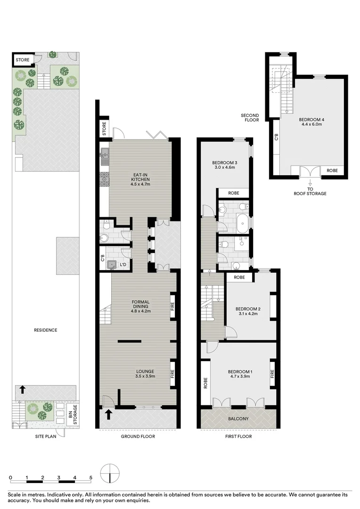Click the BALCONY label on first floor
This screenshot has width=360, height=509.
238,419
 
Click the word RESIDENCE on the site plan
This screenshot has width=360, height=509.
46,330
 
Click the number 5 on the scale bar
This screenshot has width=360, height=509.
91,477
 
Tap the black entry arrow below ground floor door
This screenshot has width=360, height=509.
108,414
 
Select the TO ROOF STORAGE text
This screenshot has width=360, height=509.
310,191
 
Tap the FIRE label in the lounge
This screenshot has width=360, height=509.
172,370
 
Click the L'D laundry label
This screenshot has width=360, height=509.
123,265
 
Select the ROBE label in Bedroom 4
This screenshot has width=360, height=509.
333,171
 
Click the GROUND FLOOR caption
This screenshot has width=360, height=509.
138,436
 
